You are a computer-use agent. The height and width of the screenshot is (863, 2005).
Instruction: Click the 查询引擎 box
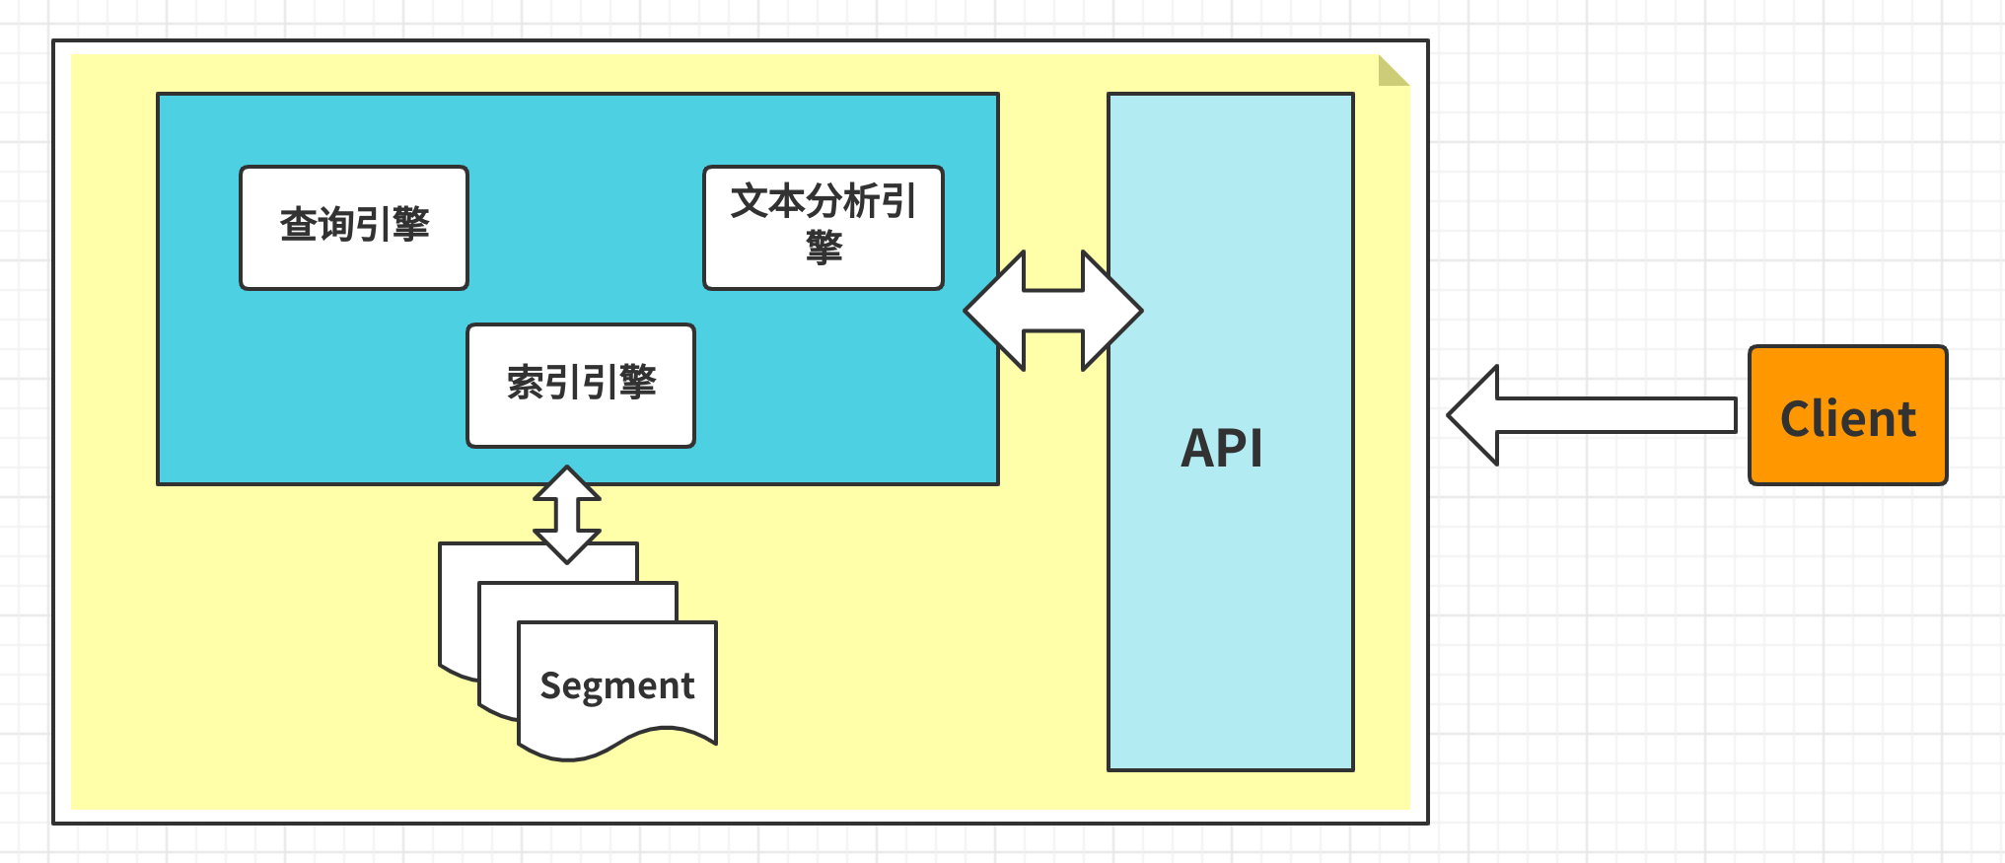pyautogui.click(x=354, y=228)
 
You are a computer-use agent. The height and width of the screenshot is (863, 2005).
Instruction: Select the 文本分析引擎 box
pyautogui.click(x=823, y=228)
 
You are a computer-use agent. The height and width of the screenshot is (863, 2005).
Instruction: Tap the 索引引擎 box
pyautogui.click(x=581, y=386)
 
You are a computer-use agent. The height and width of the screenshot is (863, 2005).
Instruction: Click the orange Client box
pyautogui.click(x=1847, y=415)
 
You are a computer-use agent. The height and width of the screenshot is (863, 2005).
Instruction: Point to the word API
pyautogui.click(x=1222, y=449)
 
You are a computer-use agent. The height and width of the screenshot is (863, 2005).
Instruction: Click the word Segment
pyautogui.click(x=617, y=685)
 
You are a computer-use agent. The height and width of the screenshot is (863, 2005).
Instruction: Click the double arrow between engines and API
pyautogui.click(x=1053, y=311)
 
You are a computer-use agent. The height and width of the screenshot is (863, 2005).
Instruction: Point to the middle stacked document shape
pyautogui.click(x=497, y=651)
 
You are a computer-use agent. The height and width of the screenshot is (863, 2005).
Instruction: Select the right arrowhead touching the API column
pyautogui.click(x=1112, y=311)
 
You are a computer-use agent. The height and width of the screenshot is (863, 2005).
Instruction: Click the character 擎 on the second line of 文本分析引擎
pyautogui.click(x=823, y=247)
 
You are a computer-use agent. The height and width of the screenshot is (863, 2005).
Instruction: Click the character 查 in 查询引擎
pyautogui.click(x=298, y=225)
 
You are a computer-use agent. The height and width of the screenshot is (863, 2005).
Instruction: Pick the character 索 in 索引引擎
pyautogui.click(x=525, y=383)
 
